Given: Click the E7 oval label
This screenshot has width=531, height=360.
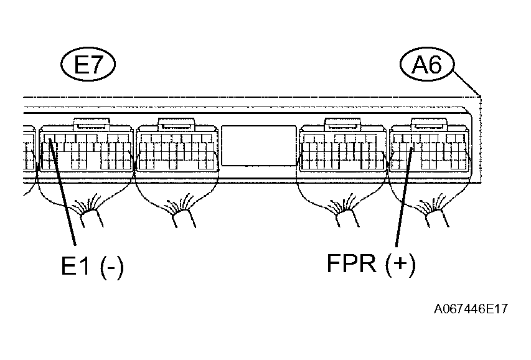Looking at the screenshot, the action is click(x=88, y=64).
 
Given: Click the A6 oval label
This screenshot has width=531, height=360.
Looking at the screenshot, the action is click(x=426, y=64).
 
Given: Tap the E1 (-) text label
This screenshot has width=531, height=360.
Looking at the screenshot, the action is click(x=93, y=266).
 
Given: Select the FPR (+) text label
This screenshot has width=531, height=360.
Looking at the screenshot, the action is click(x=371, y=263).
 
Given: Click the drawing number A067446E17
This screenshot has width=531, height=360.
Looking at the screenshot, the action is click(x=471, y=309).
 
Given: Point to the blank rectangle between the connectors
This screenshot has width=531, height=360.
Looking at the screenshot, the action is click(x=259, y=145).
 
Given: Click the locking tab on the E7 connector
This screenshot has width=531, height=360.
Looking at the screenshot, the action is click(x=92, y=124).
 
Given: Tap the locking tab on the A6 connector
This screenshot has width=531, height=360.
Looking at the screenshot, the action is click(x=430, y=124).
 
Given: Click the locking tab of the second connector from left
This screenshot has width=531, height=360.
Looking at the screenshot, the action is click(x=176, y=124).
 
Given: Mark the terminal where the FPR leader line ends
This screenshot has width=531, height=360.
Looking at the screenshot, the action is click(x=412, y=149).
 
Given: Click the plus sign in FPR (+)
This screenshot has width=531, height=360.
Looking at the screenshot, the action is click(x=400, y=263).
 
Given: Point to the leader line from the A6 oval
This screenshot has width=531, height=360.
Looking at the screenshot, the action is click(x=467, y=83).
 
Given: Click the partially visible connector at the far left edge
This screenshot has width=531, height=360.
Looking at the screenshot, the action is click(x=29, y=148).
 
